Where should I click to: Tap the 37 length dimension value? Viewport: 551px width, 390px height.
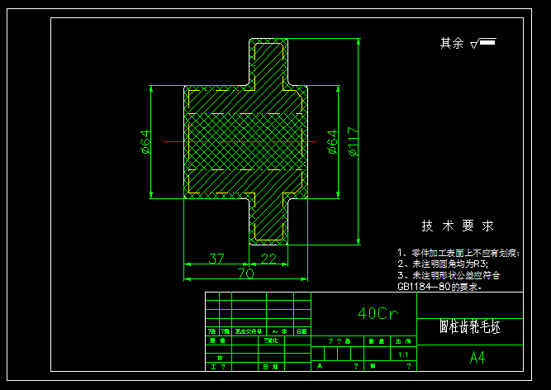point(216,259)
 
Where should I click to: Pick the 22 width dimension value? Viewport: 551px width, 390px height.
point(268,259)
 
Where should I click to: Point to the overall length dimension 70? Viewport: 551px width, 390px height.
point(245,273)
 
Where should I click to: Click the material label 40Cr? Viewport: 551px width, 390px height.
point(378,314)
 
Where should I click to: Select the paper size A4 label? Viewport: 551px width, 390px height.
point(477,358)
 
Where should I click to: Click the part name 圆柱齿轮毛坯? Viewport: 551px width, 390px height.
point(469,326)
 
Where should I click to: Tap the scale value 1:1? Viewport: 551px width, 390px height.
point(403,354)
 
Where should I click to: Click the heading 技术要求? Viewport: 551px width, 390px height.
point(458,226)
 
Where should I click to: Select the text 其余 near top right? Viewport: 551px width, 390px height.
point(452,43)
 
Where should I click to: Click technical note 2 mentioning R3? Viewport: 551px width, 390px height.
point(443,264)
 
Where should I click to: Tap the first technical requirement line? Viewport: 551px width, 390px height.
point(458,253)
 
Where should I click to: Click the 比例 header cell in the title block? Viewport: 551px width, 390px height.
point(403,340)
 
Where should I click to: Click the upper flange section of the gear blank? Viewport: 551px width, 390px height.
point(269,62)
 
